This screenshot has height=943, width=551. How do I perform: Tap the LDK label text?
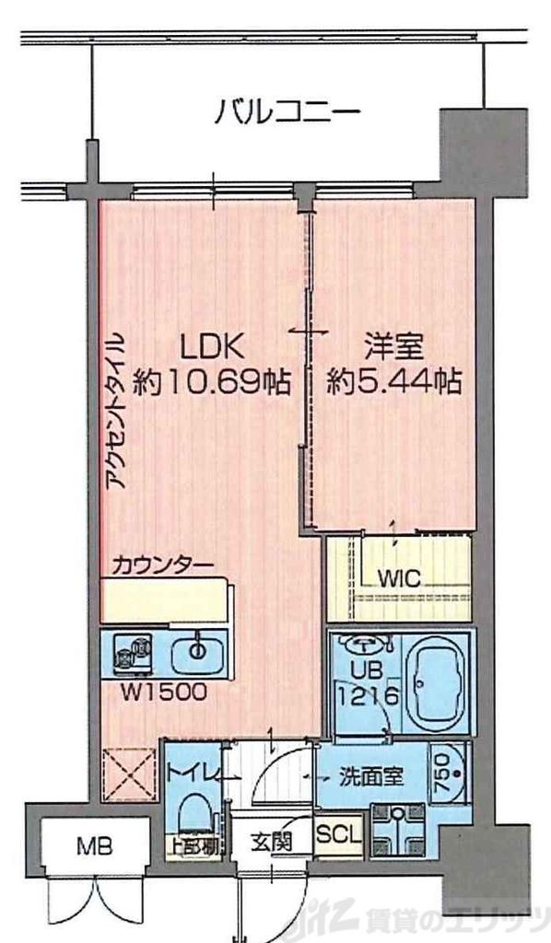pos(211,347)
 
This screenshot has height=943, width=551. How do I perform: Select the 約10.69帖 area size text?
pos(211,379)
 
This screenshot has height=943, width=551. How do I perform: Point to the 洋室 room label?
pos(393,347)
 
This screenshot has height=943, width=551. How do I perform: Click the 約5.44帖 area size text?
pos(394,379)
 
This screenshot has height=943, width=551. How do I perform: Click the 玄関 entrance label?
pos(274,841)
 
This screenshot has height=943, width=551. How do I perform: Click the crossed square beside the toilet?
pos(128,774)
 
